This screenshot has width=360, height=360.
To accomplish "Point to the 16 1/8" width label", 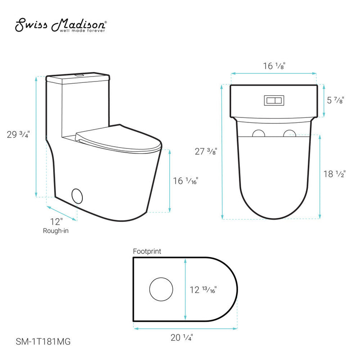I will (x=274, y=66).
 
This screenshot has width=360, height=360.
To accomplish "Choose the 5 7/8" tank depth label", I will (x=335, y=101).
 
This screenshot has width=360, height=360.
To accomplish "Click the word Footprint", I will (x=147, y=252).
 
